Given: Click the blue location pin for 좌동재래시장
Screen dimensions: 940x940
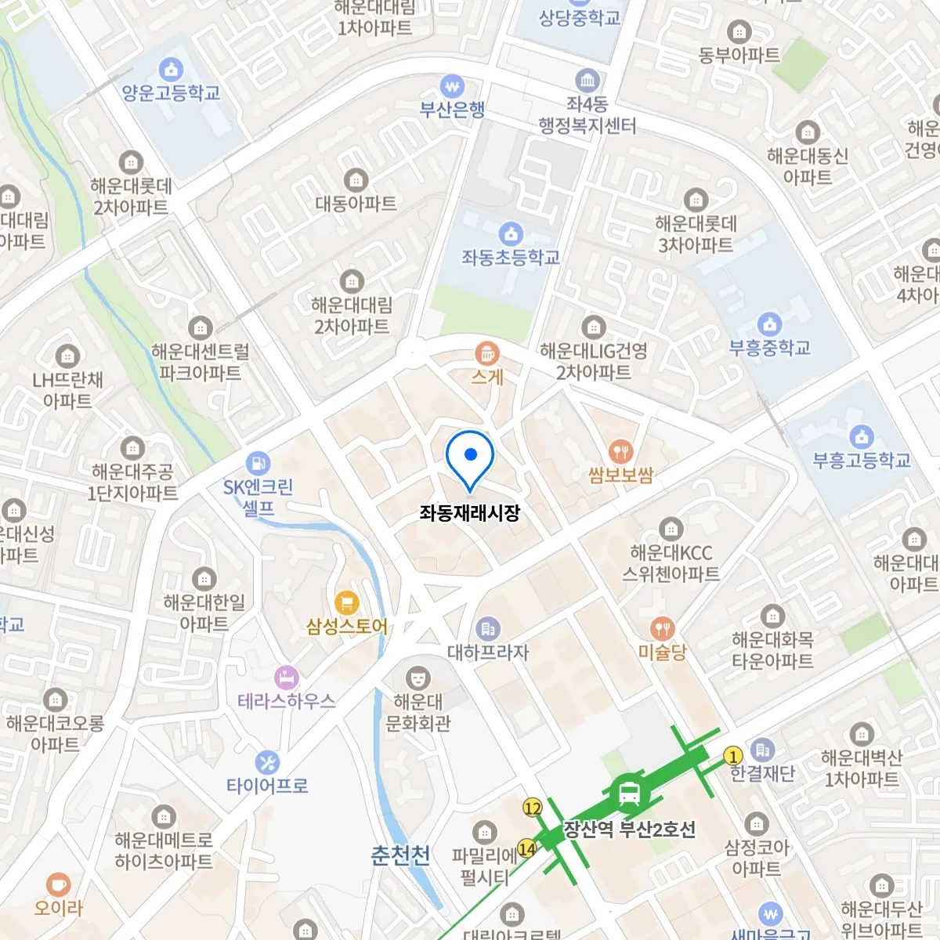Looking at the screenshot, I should (x=470, y=457).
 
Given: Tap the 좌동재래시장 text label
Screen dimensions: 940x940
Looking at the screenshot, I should (x=469, y=513).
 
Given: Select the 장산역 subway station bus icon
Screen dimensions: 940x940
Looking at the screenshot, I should (x=629, y=794).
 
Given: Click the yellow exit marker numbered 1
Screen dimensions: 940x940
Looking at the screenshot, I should (x=733, y=756).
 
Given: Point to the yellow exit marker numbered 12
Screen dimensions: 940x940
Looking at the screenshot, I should (x=533, y=808).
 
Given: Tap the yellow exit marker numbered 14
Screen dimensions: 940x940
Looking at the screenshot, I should (x=527, y=848).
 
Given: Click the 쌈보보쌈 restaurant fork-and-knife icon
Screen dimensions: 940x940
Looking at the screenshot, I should (x=620, y=451).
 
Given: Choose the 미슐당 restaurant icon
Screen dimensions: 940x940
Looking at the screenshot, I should (x=663, y=629).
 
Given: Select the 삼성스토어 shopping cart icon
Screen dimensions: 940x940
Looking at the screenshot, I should (x=346, y=603).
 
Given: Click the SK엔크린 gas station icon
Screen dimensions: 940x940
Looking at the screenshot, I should (x=258, y=463).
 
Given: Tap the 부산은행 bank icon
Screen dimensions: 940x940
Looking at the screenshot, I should (x=452, y=86).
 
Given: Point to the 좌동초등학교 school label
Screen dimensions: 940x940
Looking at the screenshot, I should (x=511, y=257).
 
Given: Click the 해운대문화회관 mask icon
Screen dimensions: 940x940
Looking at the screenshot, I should (x=418, y=677).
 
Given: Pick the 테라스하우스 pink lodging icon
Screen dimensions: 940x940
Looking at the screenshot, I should (x=287, y=678).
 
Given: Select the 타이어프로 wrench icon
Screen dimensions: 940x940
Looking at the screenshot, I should (x=267, y=762).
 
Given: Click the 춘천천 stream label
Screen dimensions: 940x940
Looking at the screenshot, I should (x=400, y=855).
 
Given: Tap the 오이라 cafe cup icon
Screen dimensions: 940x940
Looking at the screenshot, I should (x=58, y=884).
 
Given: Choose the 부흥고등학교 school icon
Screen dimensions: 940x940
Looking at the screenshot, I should (x=862, y=436).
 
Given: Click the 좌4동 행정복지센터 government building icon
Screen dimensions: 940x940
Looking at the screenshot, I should (x=587, y=80).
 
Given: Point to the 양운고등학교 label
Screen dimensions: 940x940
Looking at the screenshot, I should (x=171, y=93).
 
